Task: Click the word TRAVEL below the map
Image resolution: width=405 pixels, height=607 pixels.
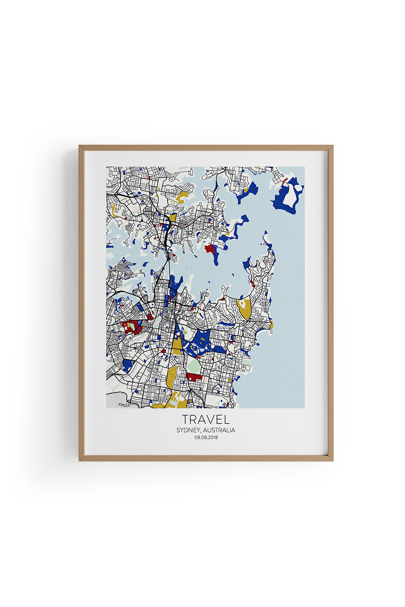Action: click(206, 419)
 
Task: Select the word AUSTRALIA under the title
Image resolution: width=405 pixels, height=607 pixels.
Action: click(219, 430)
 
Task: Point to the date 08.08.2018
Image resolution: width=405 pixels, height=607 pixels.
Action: click(206, 437)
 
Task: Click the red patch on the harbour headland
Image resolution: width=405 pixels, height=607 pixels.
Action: click(209, 248)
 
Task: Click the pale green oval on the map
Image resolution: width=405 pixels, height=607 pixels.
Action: click(193, 366)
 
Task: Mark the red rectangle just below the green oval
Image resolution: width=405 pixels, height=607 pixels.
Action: click(194, 377)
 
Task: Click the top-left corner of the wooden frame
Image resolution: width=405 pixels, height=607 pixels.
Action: click(80, 146)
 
